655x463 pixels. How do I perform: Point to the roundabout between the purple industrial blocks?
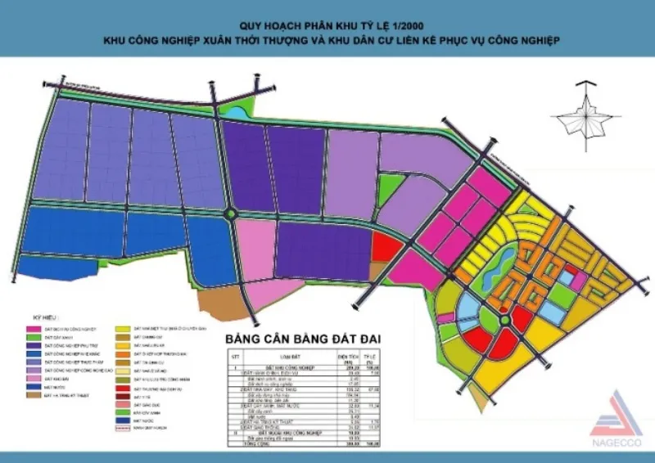[233, 214]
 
